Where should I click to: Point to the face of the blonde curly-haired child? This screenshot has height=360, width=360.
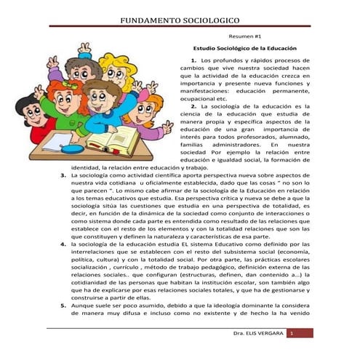[117, 74]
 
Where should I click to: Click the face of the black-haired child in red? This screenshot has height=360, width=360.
[34, 112]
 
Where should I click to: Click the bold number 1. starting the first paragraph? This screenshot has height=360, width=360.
[193, 59]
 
